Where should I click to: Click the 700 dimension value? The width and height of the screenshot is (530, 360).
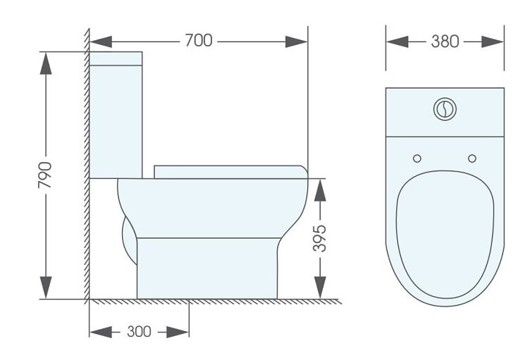[x=199, y=41]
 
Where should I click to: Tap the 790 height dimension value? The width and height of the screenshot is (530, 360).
[x=45, y=175]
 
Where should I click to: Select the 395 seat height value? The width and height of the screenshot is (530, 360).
[x=319, y=238]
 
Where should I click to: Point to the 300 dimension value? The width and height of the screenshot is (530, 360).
[x=139, y=332]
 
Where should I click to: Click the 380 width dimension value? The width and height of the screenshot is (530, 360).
[x=445, y=42]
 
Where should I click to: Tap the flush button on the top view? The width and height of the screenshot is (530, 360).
[x=445, y=108]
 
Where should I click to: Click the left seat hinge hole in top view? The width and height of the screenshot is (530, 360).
[x=417, y=159]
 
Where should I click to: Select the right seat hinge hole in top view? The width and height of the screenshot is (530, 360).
[x=472, y=159]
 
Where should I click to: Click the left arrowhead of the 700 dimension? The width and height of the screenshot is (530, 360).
[x=101, y=42]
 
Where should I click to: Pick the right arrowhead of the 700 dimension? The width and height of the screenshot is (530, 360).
[x=297, y=42]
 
